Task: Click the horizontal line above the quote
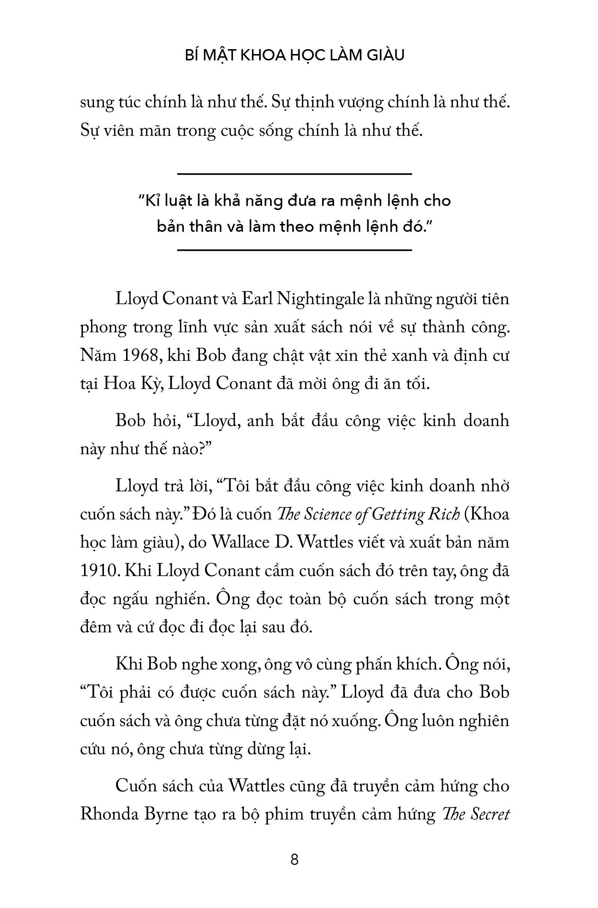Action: [294, 174]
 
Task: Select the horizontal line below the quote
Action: [294, 251]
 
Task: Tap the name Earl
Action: [255, 299]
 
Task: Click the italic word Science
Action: [329, 515]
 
